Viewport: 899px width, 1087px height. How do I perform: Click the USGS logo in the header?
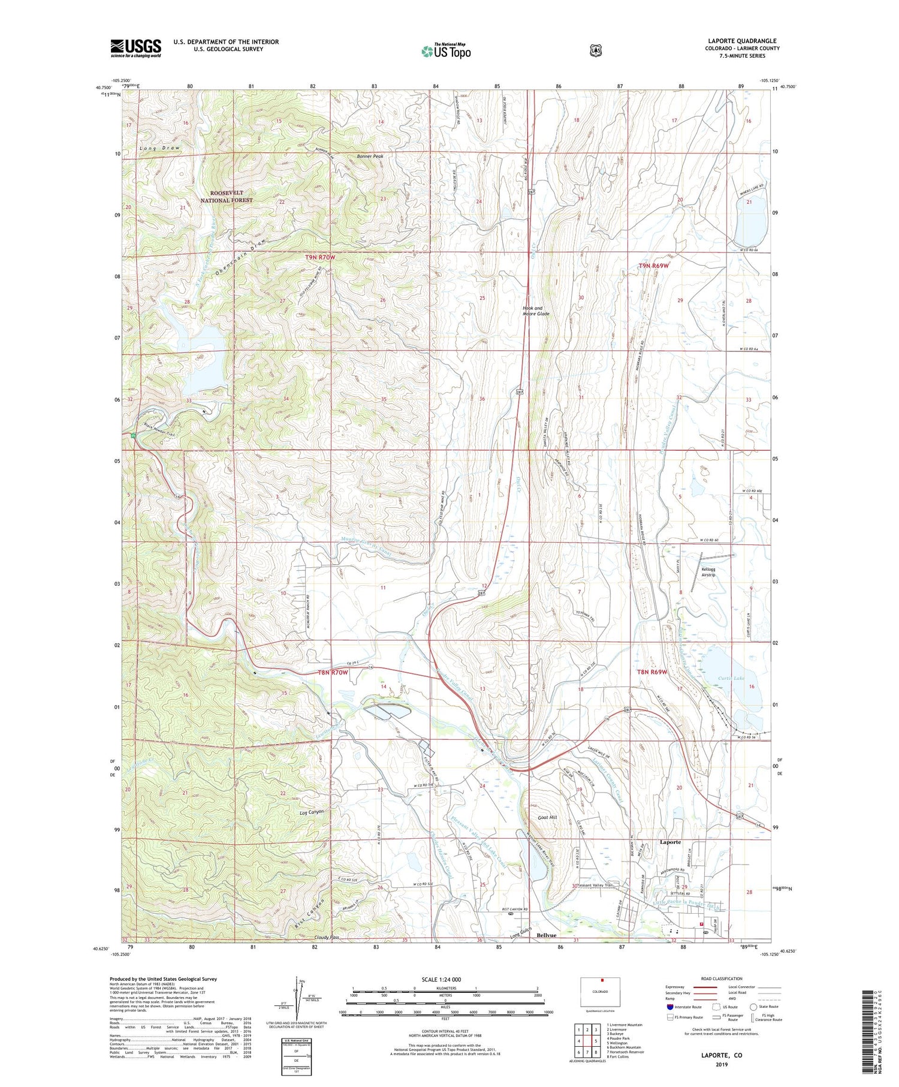click(135, 48)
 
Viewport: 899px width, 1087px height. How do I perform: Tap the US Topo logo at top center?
click(446, 51)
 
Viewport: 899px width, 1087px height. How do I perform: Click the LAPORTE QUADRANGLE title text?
click(741, 41)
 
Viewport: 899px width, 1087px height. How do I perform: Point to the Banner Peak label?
click(370, 156)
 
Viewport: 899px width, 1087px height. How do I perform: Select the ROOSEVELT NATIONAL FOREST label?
click(227, 197)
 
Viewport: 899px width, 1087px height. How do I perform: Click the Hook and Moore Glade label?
click(536, 311)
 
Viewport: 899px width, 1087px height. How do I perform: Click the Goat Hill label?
click(547, 817)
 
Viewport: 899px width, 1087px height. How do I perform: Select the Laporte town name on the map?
click(670, 842)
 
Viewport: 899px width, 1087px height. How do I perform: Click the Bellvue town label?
click(547, 935)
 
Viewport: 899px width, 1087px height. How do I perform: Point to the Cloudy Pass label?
click(326, 937)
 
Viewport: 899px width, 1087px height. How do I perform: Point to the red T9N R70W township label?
click(321, 257)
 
